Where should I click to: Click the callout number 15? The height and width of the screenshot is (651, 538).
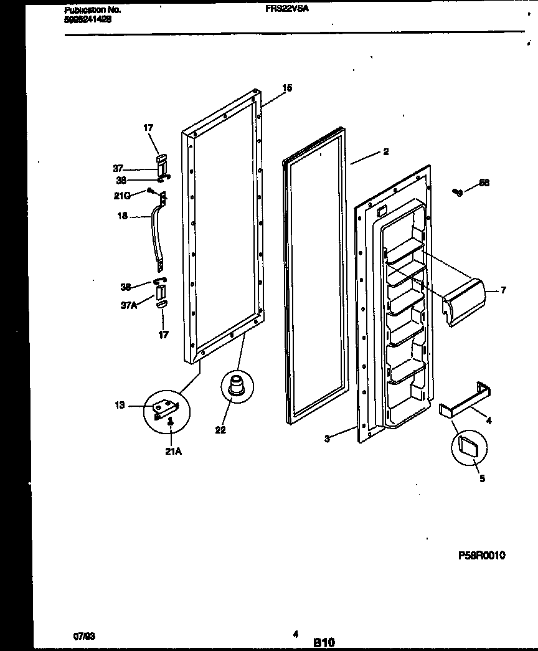pos(286,88)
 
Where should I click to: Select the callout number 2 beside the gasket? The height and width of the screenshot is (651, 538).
pos(386,152)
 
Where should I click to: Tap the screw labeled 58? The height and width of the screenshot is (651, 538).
pos(459,192)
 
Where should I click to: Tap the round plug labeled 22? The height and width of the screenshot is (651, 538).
pos(235,384)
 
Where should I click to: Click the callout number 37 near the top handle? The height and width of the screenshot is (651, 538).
pos(118,168)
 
